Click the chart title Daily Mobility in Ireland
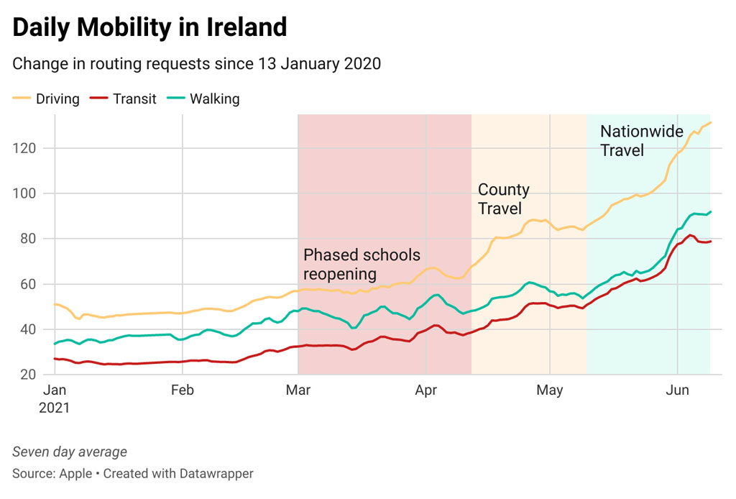[x=149, y=27]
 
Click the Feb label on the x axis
[x=183, y=390]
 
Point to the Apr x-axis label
[x=427, y=390]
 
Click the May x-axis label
[x=550, y=390]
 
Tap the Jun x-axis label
[x=677, y=390]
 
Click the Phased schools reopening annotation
[x=362, y=265]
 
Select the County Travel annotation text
[x=504, y=199]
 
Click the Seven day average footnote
[x=70, y=452]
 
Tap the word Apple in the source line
[x=75, y=474]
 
